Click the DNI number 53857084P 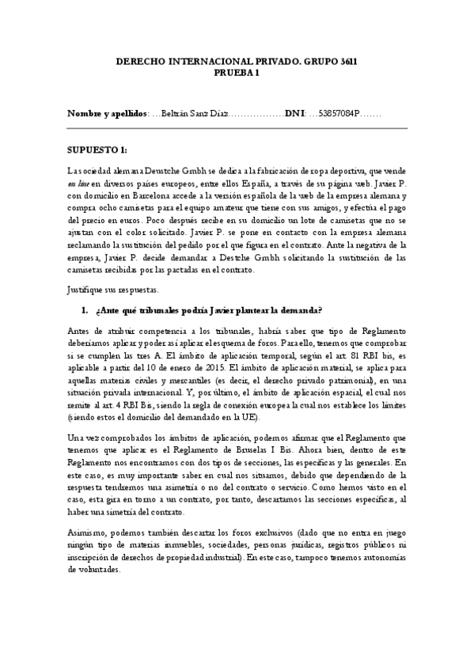point(339,115)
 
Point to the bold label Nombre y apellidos point(107,115)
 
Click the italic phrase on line point(78,184)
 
